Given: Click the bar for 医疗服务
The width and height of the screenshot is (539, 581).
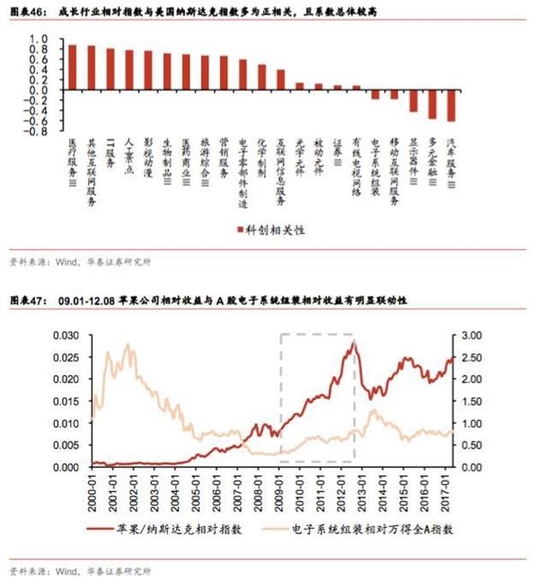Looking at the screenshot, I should (72, 67).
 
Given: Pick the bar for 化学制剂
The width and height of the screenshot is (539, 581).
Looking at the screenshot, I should (261, 77).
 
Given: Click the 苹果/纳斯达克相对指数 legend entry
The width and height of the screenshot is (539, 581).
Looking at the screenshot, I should (176, 530).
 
